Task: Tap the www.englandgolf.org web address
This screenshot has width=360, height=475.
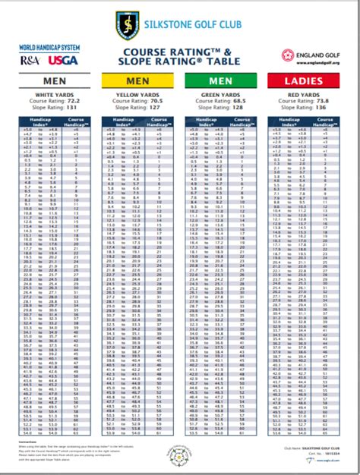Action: pyautogui.click(x=311, y=64)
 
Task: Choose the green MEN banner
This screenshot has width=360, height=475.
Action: pyautogui.click(x=222, y=80)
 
